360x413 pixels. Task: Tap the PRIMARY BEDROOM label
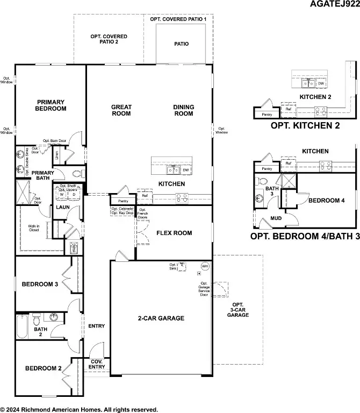[51, 105]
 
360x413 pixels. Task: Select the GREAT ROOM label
[121, 110]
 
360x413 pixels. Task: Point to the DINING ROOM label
[184, 110]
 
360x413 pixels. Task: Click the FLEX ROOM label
[174, 233]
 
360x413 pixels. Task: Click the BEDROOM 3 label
[40, 284]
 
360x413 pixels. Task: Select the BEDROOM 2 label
[43, 368]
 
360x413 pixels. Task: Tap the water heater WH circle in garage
[205, 266]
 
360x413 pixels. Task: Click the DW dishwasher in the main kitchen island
[186, 170]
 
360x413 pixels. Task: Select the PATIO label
[181, 44]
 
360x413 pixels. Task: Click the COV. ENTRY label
[97, 364]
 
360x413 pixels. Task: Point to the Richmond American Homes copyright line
[79, 409]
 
